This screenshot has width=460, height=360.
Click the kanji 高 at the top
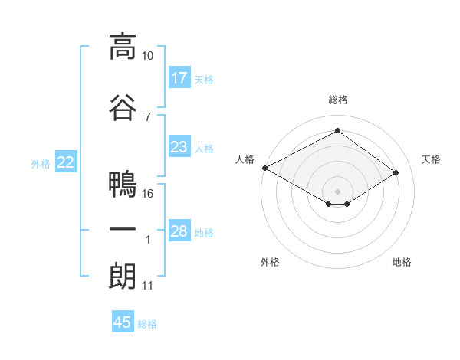122,47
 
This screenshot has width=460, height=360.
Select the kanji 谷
122,107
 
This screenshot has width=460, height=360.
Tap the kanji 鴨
122,185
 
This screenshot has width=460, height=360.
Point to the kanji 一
122,230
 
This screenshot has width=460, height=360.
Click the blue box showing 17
179,78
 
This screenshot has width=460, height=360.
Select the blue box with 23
179,147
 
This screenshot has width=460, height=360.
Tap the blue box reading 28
179,231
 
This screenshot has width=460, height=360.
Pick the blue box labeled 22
66,162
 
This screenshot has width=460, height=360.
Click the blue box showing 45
123,322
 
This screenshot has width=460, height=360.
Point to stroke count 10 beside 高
148,56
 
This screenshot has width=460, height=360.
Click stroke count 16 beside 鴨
148,193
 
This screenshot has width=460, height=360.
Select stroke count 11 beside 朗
148,286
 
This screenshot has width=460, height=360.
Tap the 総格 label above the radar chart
337,100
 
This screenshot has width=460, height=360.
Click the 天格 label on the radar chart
431,159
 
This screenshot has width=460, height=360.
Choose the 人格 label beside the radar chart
245,159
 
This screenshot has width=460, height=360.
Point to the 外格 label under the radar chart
270,262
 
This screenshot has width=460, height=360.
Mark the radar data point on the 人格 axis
264,168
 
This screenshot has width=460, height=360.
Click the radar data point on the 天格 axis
396,172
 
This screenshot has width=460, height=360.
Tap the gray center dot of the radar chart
337,191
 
